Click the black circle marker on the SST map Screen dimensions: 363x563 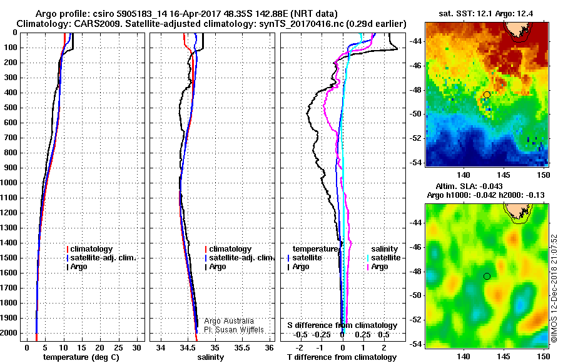487,95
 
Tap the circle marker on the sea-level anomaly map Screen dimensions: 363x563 487,276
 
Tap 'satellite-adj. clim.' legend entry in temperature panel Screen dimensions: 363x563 104,258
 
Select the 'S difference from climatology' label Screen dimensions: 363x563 342,325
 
